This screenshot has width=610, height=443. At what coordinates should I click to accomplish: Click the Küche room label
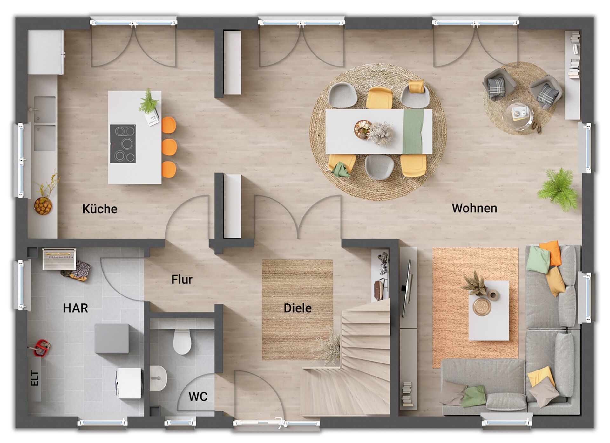[100, 209]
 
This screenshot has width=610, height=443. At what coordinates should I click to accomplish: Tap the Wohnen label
[474, 208]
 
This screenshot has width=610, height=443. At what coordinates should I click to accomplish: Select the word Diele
[297, 308]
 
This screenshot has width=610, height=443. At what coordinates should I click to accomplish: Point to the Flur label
[182, 279]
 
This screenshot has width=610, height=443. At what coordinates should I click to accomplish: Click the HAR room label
[75, 308]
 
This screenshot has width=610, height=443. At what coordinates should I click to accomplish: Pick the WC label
[198, 396]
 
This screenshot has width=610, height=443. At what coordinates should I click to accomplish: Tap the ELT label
[34, 378]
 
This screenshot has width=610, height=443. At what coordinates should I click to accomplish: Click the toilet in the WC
[182, 341]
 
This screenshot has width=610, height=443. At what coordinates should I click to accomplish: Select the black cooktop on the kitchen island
[123, 143]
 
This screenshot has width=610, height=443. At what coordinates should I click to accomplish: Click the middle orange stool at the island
[169, 147]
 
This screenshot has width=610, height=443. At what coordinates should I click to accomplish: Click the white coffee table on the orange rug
[488, 310]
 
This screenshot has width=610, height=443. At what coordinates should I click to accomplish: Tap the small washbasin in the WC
[158, 378]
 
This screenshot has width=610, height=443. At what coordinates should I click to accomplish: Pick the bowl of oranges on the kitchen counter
[43, 206]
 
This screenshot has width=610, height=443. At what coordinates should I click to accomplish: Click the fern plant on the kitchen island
[148, 101]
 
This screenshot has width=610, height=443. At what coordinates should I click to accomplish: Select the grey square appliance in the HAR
[112, 339]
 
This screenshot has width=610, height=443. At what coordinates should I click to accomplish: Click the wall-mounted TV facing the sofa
[407, 288]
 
